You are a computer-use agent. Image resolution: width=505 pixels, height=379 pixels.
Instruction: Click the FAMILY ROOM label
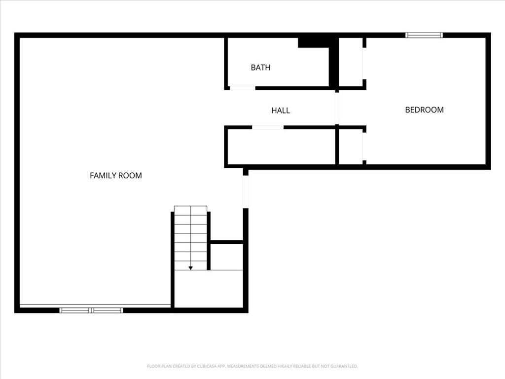pos(115,175)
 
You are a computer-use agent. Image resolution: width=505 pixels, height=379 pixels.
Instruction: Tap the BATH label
pos(260,67)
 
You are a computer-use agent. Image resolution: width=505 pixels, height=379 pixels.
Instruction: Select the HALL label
pos(281,110)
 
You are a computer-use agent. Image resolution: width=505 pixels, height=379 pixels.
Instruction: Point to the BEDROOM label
pos(424,110)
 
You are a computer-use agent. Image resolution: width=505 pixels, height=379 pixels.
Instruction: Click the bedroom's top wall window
pos(424,35)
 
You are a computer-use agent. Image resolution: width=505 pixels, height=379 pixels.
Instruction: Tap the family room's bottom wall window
pos(91,310)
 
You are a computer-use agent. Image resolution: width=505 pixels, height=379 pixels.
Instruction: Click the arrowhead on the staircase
pos(191,268)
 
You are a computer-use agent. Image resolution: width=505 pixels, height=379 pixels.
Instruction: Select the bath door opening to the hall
pos(243,88)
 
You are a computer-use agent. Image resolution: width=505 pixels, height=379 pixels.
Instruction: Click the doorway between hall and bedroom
pos(337,108)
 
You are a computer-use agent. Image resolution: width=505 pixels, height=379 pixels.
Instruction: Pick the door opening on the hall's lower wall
pos(268,127)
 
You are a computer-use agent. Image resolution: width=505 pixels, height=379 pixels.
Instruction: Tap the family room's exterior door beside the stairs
pos(246,192)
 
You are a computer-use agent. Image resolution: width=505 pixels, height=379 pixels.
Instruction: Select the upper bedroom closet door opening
pos(364,64)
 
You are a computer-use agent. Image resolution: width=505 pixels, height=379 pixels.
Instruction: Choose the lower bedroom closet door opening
pos(364,146)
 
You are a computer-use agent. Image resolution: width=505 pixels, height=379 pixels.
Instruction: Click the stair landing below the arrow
pos(209,289)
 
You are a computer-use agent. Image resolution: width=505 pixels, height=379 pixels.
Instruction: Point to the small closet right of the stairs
pos(227,257)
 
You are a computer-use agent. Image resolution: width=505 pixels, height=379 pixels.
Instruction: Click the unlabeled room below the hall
pos(281,147)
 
